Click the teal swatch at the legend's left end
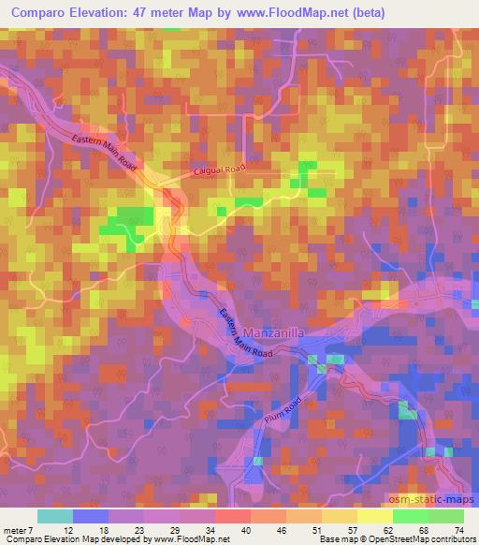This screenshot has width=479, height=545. [x=54, y=516]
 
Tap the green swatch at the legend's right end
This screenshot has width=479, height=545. [x=445, y=516]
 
